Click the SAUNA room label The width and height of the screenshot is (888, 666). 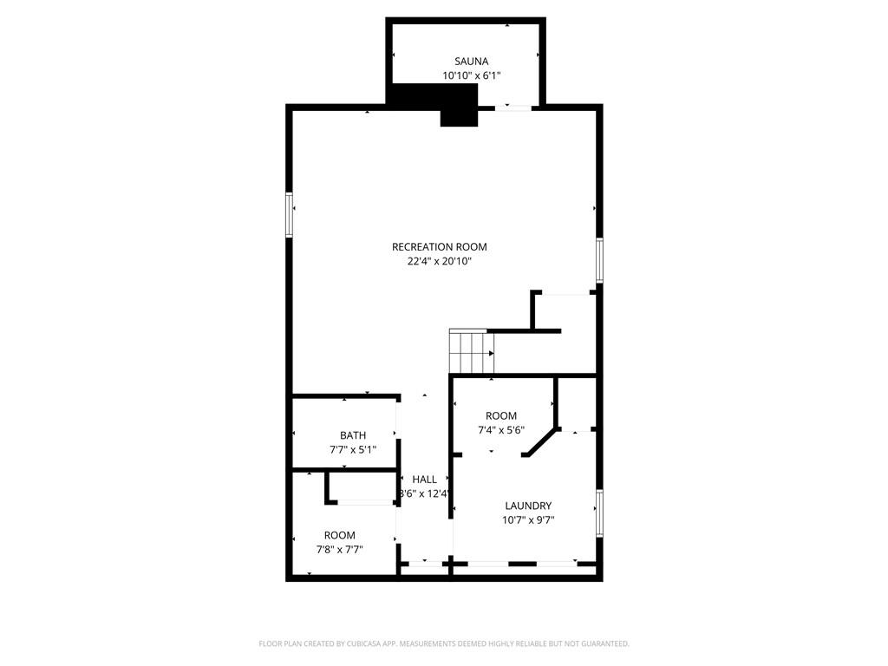(472, 62)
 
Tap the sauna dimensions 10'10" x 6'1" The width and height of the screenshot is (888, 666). (472, 75)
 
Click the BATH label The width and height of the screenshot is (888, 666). (353, 435)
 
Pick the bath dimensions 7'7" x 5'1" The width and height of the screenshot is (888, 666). (353, 449)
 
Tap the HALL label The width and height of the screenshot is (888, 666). (425, 480)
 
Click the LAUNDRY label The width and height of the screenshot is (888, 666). (528, 506)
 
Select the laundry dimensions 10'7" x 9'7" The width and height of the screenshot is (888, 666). (528, 520)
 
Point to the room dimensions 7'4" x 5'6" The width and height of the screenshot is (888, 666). (501, 430)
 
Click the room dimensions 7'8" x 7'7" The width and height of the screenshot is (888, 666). (340, 549)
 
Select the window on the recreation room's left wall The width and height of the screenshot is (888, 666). (290, 214)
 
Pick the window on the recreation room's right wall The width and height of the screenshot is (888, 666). (598, 260)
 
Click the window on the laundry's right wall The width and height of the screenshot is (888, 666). (598, 513)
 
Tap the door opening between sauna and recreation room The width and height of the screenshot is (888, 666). (514, 108)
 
